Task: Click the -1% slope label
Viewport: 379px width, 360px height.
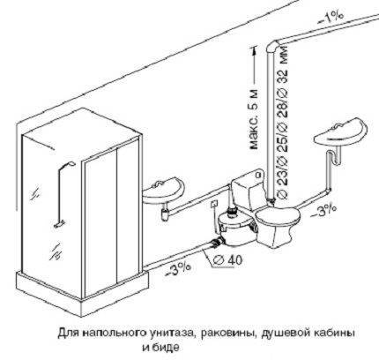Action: tap(330, 19)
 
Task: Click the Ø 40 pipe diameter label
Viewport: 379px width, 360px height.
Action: tap(227, 259)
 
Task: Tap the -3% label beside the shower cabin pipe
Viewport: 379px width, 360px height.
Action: tap(179, 269)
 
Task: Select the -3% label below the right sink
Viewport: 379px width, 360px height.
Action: tap(323, 211)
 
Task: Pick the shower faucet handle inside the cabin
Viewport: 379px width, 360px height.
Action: tap(60, 224)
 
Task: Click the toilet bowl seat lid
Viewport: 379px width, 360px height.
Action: tap(278, 216)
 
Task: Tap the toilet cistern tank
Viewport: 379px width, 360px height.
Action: tap(249, 190)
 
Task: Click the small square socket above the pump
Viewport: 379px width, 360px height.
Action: tap(214, 204)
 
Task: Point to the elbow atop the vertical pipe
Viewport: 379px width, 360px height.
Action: tap(273, 46)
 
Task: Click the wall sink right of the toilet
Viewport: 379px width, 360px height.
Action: tap(341, 133)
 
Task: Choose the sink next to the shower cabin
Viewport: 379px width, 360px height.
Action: tap(163, 191)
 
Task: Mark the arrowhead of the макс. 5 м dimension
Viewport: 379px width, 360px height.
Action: tap(254, 49)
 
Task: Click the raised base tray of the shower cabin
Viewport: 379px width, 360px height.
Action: tap(82, 291)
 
